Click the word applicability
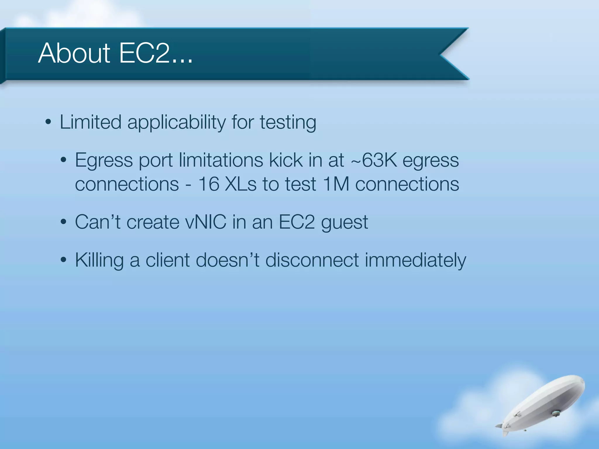176,122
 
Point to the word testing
288,122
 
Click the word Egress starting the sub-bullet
104,160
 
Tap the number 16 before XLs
209,184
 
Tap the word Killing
99,260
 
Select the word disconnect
312,260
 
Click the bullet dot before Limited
49,122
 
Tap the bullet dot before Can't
64,222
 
